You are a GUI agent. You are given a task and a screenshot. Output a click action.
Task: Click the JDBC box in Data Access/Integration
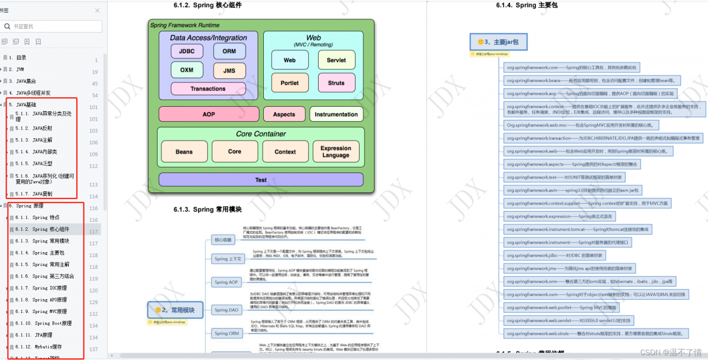pyautogui.click(x=186, y=51)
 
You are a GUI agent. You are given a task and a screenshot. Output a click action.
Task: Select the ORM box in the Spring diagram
pyautogui.click(x=230, y=51)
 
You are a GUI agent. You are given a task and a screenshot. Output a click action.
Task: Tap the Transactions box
pyautogui.click(x=208, y=88)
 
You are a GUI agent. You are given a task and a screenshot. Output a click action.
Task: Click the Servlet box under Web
pyautogui.click(x=336, y=60)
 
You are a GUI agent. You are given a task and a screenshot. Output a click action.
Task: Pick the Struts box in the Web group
pyautogui.click(x=336, y=83)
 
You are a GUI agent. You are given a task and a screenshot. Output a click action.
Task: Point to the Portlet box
pyautogui.click(x=289, y=83)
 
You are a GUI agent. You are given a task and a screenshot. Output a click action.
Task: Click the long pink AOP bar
pyautogui.click(x=209, y=114)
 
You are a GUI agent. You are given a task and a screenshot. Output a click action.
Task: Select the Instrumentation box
pyautogui.click(x=336, y=114)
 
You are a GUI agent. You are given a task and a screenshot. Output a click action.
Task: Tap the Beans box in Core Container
pyautogui.click(x=184, y=152)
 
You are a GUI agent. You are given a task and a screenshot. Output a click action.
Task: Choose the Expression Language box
pyautogui.click(x=336, y=152)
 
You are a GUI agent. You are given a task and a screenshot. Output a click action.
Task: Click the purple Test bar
pyautogui.click(x=261, y=180)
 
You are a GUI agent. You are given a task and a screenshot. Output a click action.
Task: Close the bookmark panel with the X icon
pyautogui.click(x=97, y=11)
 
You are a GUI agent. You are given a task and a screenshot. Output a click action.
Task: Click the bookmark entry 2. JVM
pyautogui.click(x=16, y=70)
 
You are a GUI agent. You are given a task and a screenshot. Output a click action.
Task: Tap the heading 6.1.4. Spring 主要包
pyautogui.click(x=527, y=6)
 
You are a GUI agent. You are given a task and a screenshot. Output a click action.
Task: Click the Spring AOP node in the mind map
pyautogui.click(x=227, y=282)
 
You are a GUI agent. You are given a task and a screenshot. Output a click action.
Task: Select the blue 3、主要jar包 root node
pyautogui.click(x=498, y=41)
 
